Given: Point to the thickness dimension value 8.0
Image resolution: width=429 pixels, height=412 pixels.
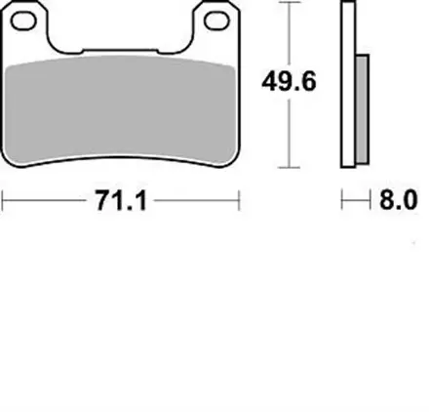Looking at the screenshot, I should coord(398,202).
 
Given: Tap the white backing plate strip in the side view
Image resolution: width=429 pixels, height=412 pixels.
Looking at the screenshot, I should coord(348,88).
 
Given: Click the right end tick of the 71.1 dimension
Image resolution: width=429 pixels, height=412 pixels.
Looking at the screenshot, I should coord(239,203).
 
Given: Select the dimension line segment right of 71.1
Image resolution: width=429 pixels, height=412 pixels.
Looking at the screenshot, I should coord(195,203).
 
